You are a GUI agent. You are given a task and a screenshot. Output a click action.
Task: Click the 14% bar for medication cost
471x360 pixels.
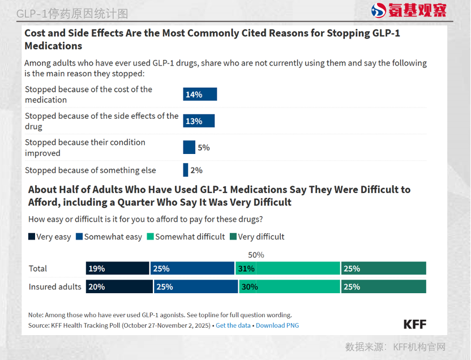(x=200, y=95)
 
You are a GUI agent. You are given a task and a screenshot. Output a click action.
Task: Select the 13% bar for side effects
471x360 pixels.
(x=199, y=121)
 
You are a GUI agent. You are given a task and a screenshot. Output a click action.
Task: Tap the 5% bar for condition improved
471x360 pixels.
(x=189, y=147)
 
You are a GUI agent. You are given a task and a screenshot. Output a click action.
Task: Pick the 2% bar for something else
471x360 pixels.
(x=186, y=170)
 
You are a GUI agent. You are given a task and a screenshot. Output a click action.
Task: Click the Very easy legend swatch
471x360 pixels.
(x=32, y=237)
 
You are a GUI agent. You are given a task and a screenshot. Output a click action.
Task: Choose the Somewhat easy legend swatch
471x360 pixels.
(x=80, y=237)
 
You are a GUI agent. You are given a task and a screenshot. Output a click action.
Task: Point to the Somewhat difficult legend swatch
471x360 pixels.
(x=151, y=237)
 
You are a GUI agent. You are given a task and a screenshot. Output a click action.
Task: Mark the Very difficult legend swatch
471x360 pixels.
(x=233, y=237)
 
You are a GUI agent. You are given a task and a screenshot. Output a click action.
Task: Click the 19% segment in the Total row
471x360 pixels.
(x=118, y=268)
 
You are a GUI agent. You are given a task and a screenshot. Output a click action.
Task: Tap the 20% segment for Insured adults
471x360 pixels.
(x=119, y=286)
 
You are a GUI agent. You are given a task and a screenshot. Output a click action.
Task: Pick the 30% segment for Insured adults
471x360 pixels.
(x=289, y=286)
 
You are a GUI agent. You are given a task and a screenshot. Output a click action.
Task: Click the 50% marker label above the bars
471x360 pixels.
(x=256, y=255)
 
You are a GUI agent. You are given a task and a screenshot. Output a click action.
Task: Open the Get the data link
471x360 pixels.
(x=233, y=325)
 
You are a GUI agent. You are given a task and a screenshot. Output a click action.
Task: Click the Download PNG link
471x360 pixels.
(x=277, y=325)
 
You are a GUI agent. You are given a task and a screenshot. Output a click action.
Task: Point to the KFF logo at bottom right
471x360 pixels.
(x=414, y=324)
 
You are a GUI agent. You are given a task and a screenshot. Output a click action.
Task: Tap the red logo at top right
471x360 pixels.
(x=409, y=10)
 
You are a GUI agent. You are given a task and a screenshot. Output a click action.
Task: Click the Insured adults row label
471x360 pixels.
(x=55, y=286)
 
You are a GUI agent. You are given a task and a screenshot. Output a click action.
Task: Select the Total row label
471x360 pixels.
(x=38, y=268)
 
